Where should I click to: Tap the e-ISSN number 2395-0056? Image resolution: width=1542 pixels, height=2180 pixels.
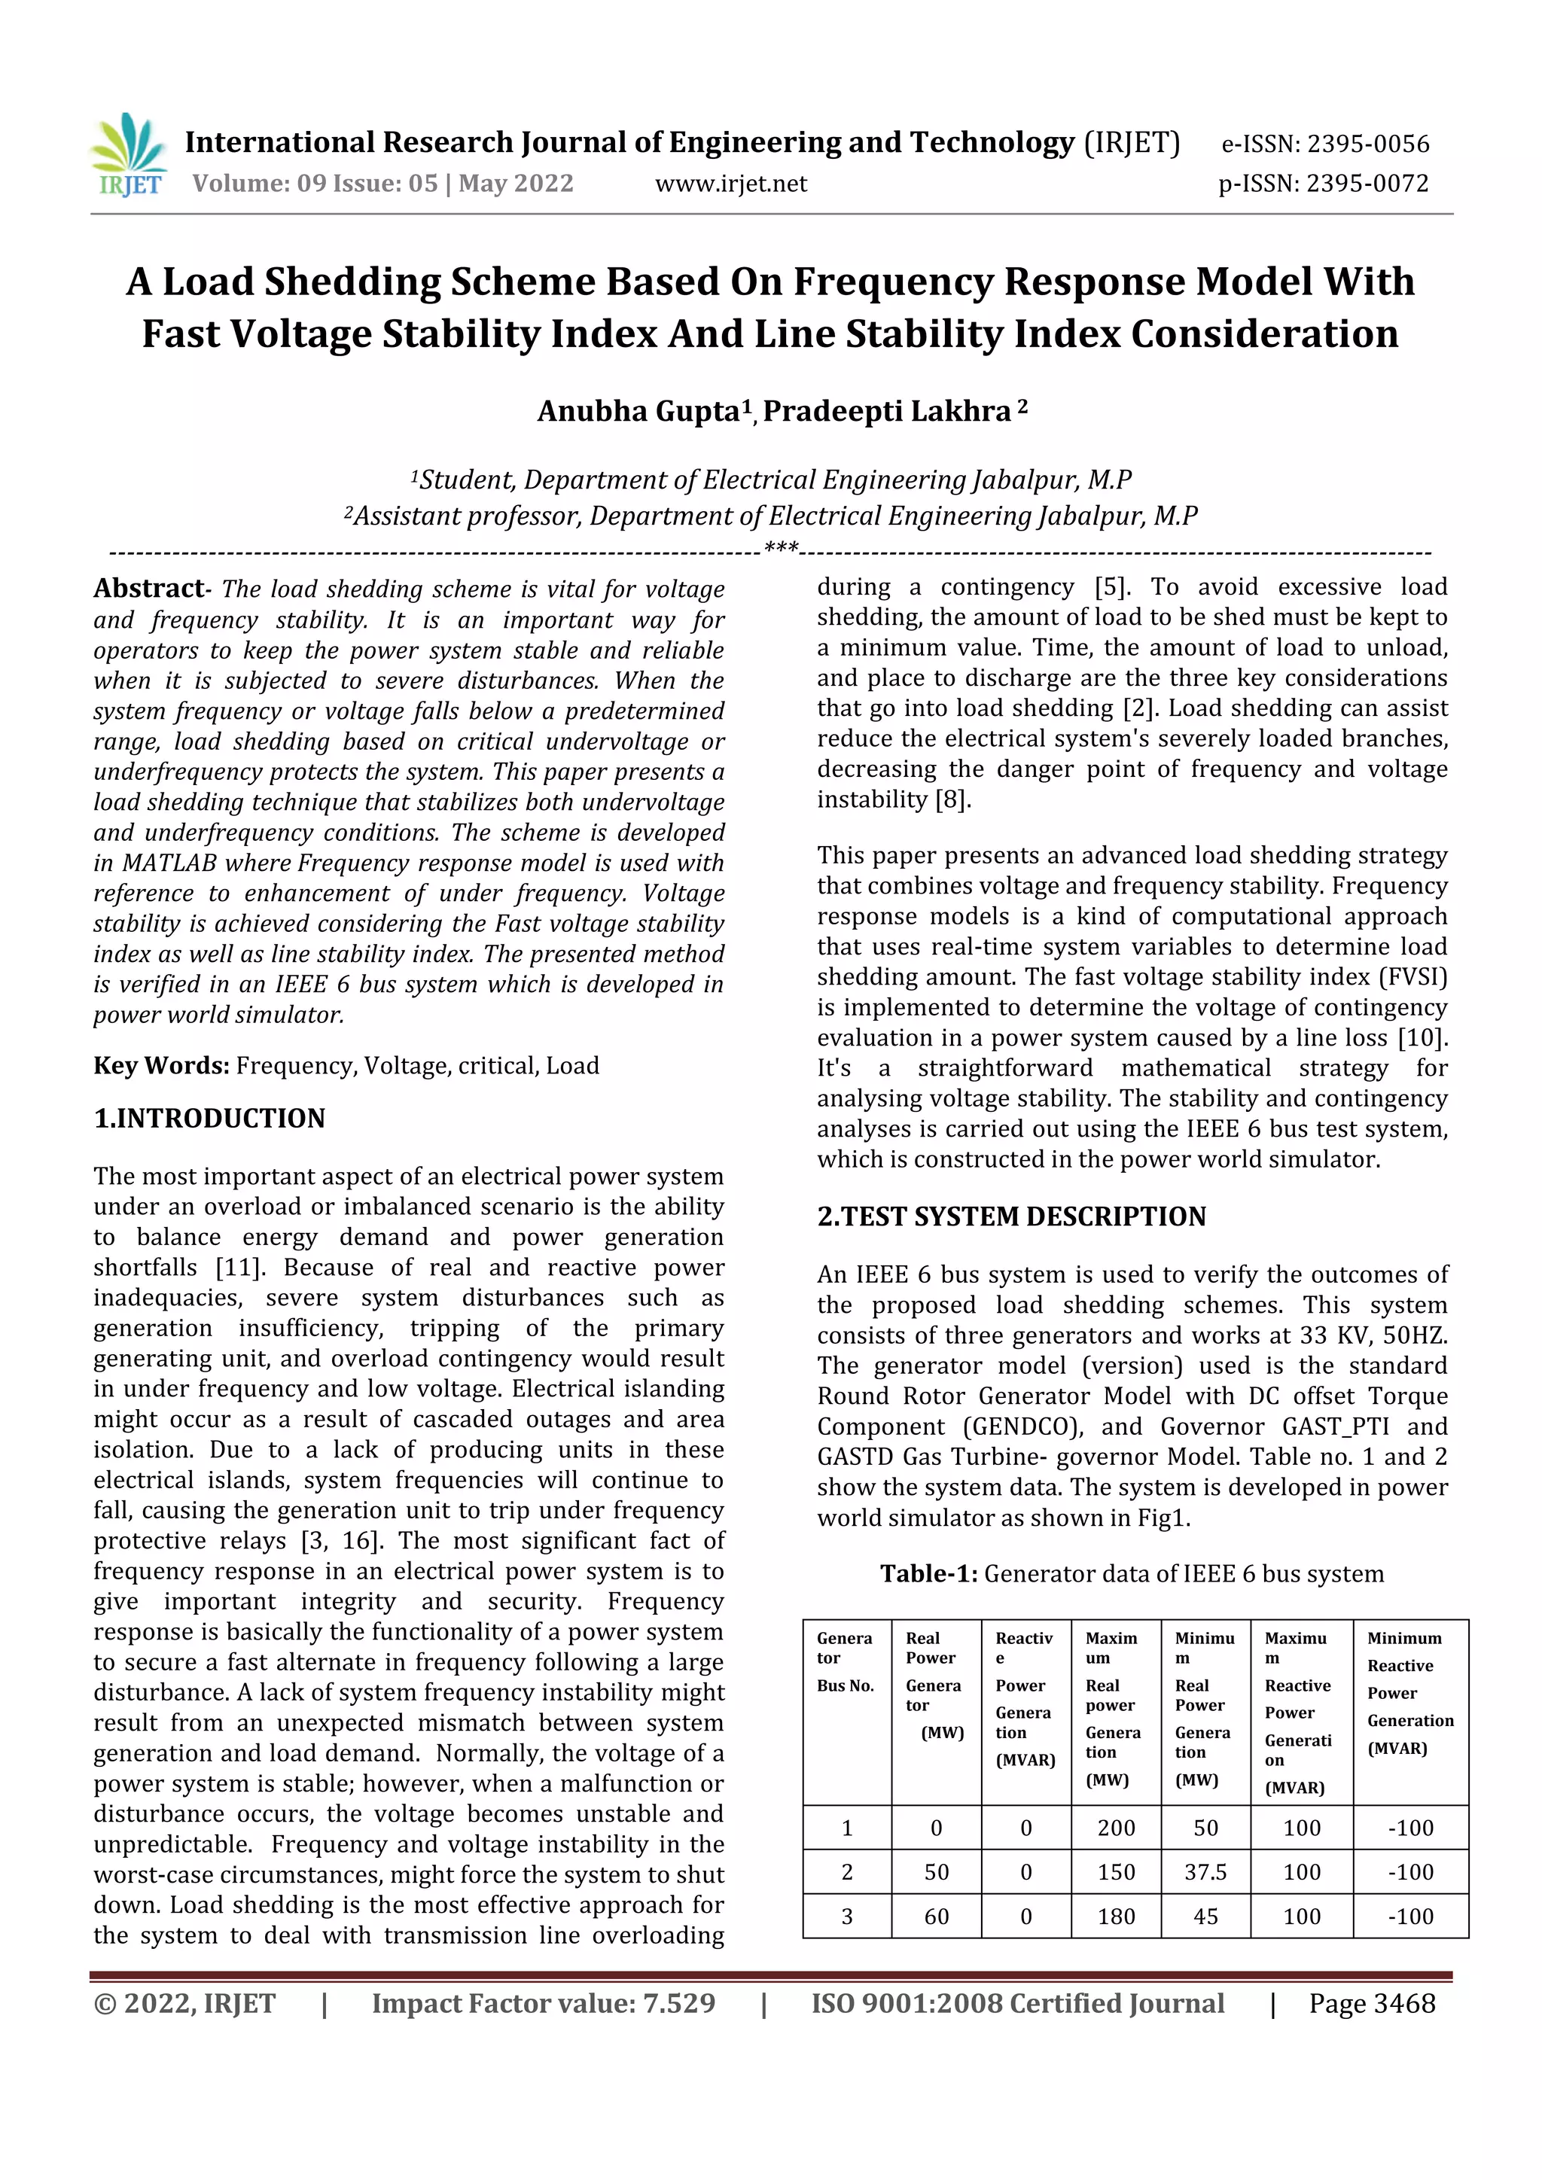tap(1367, 145)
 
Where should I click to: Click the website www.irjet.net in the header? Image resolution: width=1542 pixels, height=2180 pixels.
tap(730, 183)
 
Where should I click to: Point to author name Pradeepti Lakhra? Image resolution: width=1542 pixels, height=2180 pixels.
tap(887, 411)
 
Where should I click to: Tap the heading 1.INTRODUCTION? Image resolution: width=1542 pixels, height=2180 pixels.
tap(209, 1119)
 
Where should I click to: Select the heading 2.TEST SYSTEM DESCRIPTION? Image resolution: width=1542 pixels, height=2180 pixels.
tap(1011, 1217)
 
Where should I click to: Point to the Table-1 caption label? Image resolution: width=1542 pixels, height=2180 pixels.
tap(928, 1574)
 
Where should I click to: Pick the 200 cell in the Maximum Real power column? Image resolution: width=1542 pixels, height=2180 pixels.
tap(1116, 1828)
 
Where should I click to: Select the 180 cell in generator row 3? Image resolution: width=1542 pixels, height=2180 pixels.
tap(1116, 1917)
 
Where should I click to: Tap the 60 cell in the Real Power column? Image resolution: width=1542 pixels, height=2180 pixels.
tap(936, 1917)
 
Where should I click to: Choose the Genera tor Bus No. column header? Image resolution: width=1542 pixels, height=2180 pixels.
tap(845, 1661)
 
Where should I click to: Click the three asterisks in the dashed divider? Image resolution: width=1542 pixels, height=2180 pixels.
tap(781, 549)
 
